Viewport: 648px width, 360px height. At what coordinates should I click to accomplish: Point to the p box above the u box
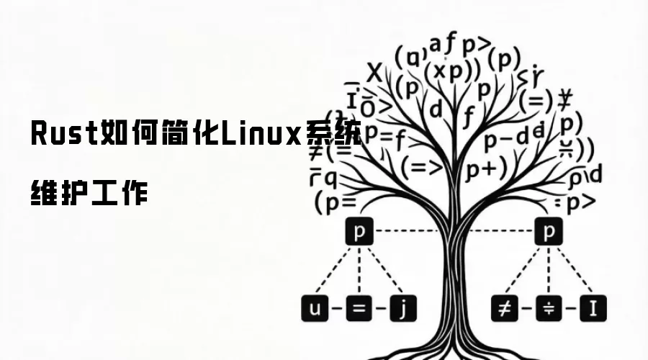(358, 233)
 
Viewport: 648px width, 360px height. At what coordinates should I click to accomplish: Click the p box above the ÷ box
(549, 233)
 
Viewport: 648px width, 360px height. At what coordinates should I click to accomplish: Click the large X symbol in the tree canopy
(374, 73)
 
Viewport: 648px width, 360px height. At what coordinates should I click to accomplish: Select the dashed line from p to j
(382, 270)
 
